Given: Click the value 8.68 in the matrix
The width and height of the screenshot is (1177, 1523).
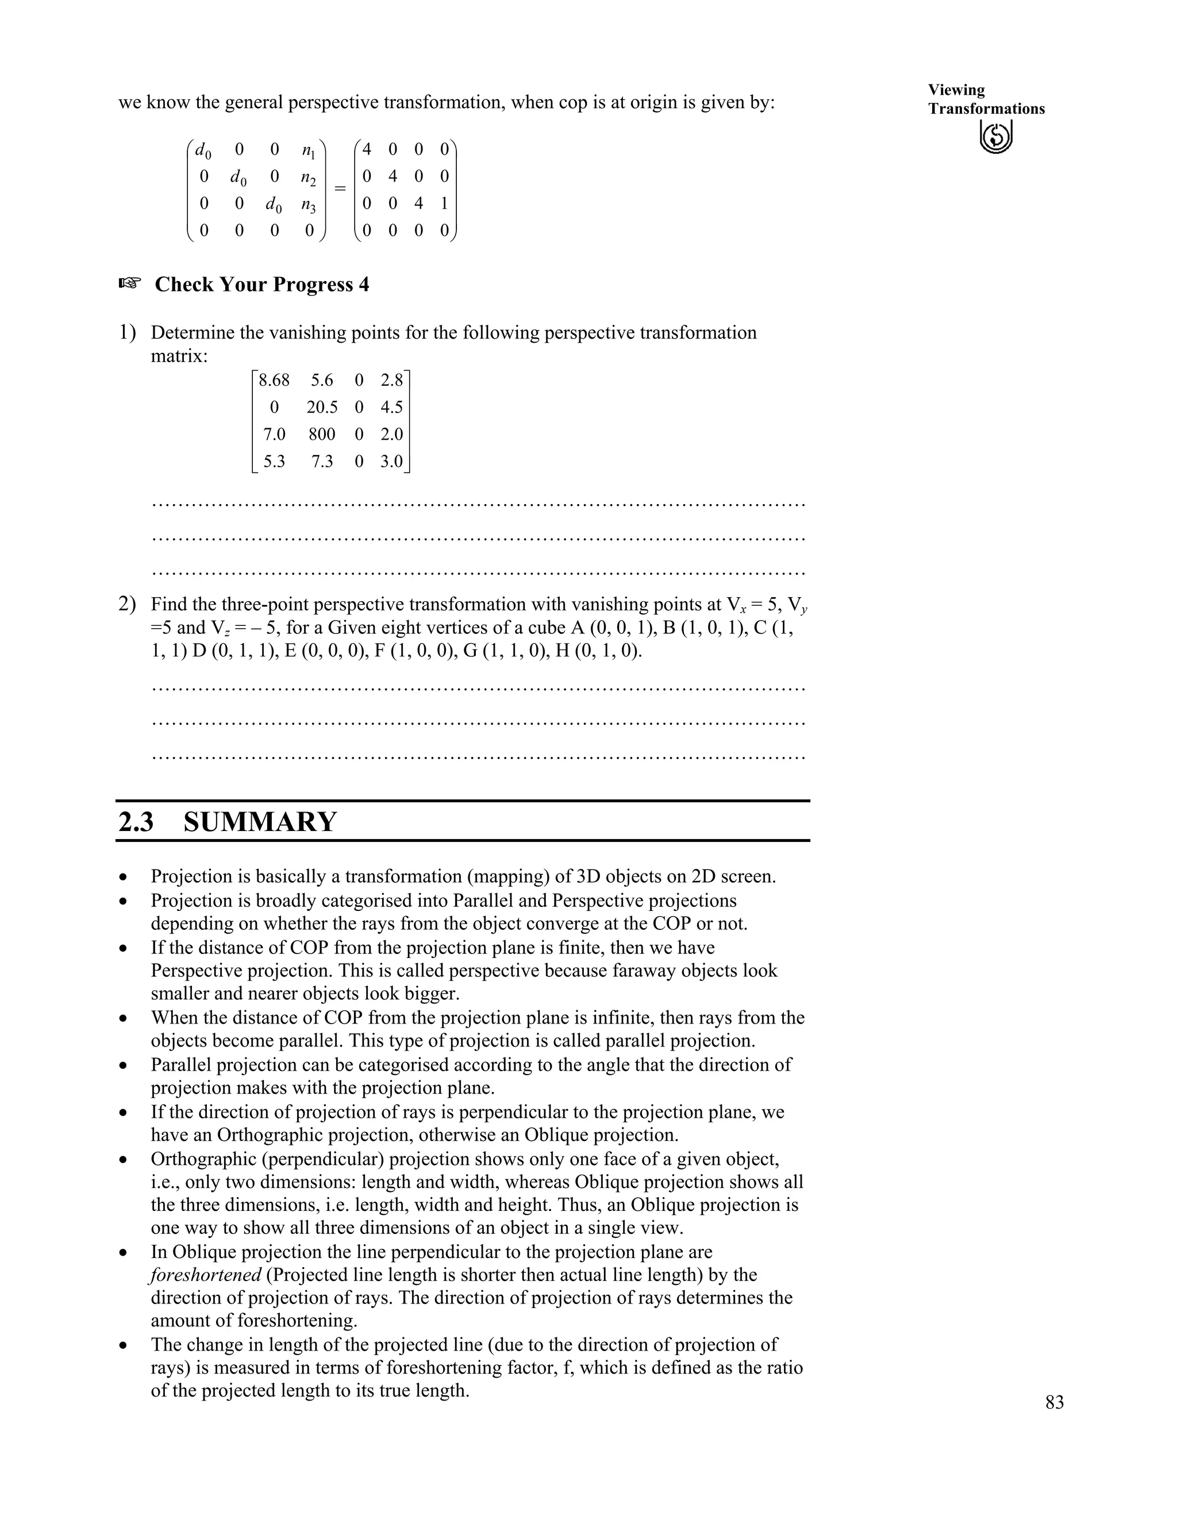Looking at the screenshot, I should coord(274,380).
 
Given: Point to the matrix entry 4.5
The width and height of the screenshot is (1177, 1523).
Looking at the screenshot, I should coord(391,407).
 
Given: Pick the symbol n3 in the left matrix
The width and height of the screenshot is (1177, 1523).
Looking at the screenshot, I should coord(308,205).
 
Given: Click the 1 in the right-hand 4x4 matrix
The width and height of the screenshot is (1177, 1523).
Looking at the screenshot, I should coord(444,203).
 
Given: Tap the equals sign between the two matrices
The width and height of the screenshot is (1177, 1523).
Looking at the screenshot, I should coord(340,189).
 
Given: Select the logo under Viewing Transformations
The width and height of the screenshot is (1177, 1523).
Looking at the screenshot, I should coord(996,136).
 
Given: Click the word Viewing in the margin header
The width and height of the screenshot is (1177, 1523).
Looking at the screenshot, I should coord(956,90).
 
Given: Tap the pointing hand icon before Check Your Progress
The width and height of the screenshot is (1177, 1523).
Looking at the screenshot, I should coord(130,283).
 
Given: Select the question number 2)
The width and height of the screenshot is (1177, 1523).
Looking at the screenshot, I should coord(127,604).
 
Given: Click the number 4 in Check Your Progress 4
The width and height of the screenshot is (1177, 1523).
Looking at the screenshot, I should coord(363,284).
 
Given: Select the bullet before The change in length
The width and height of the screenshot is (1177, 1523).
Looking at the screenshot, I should coord(124,1345).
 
